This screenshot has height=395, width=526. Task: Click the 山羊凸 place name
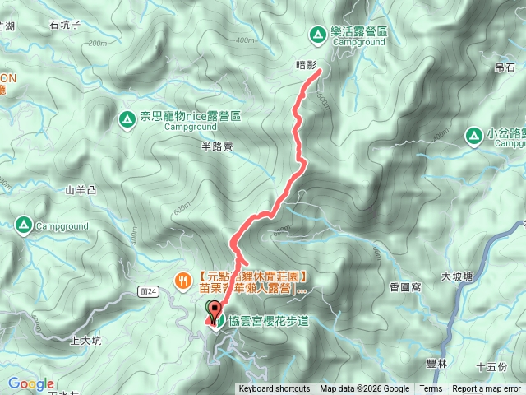point(81,190)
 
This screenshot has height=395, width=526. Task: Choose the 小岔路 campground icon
point(474,134)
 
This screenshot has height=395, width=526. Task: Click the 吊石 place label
point(504,67)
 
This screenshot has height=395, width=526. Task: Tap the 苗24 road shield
point(148,292)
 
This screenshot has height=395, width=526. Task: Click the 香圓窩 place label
point(405,287)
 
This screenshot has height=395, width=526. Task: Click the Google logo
point(30,383)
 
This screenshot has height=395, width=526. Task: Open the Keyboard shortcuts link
point(275,389)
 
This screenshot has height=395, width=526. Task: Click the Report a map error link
point(486,389)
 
